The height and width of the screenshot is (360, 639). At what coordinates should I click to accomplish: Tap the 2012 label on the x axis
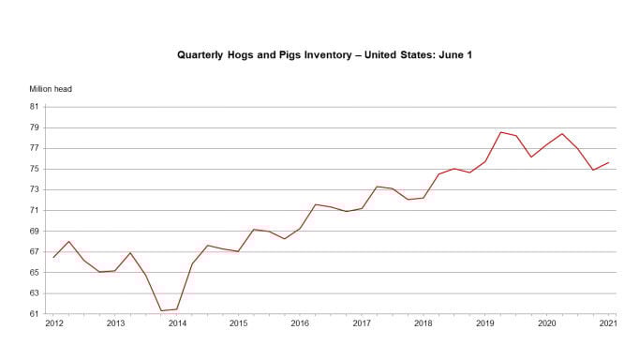click(x=54, y=323)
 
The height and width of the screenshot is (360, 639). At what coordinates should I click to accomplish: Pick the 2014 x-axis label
click(x=177, y=323)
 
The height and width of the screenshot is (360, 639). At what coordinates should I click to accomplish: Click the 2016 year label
click(x=300, y=323)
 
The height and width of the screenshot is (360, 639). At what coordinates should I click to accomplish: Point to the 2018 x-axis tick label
click(x=423, y=323)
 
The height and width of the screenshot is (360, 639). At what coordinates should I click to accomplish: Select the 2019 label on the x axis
click(x=484, y=323)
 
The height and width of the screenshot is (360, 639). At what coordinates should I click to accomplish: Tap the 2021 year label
click(x=607, y=323)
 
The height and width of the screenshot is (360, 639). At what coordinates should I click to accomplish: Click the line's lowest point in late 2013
click(x=161, y=310)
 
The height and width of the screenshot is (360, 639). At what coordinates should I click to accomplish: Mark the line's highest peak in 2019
click(x=500, y=132)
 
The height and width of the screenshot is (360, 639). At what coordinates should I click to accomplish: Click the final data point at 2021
click(x=608, y=163)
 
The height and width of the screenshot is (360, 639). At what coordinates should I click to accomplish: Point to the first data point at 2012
click(x=53, y=257)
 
